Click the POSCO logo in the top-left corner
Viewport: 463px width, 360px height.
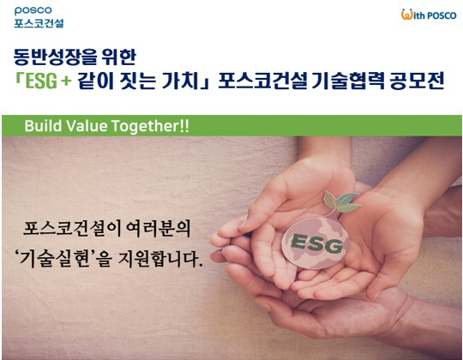coord(33,10)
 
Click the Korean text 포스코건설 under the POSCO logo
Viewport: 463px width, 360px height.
coord(39,24)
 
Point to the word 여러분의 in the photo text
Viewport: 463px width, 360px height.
coord(158,229)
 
